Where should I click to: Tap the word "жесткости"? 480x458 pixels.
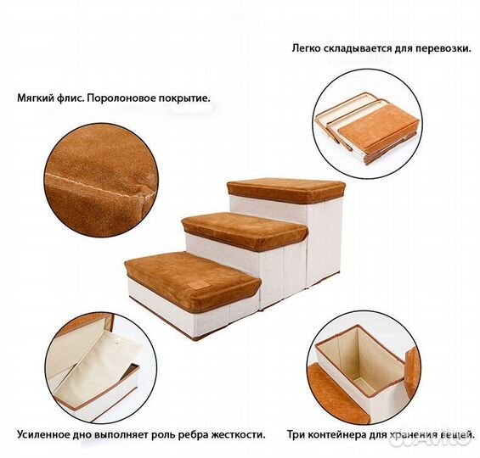pos(236,434)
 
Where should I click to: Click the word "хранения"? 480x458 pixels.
pos(404,434)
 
